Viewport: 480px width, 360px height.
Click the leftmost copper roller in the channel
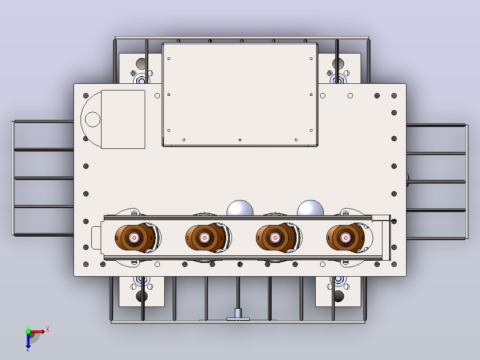coord(134,238)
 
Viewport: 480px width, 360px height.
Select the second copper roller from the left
coord(204,238)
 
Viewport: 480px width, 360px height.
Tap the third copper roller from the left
coord(275,238)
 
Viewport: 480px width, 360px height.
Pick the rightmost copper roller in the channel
coord(346,238)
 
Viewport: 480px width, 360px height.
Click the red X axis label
coord(48,330)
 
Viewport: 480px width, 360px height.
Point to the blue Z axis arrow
coord(28,341)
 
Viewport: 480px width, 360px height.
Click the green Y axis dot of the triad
coord(28,331)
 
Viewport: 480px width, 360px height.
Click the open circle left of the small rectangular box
coord(93,119)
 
